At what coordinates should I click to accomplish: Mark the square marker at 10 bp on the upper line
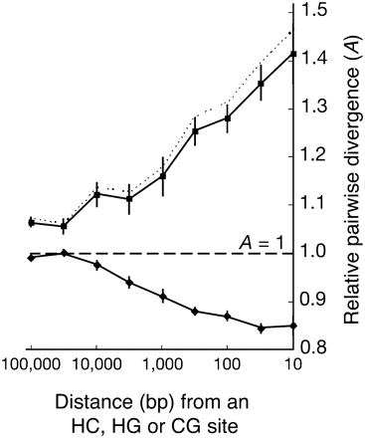click(292, 54)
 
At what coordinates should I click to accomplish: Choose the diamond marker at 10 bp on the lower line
click(292, 326)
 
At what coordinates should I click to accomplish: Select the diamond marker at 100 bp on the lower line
click(228, 316)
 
